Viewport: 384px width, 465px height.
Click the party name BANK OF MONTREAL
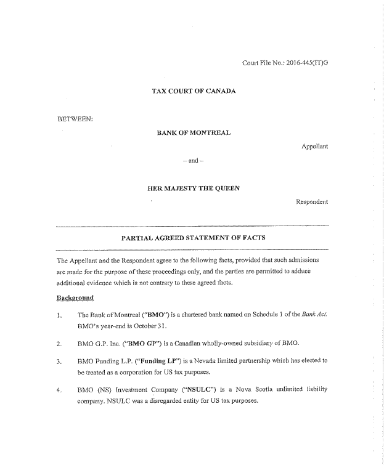pos(193,132)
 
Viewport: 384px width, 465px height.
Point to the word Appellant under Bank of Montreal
pos(314,147)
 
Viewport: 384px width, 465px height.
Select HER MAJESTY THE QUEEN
pos(193,188)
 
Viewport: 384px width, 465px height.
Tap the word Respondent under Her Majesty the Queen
pos(312,201)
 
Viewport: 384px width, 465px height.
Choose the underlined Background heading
pos(75,298)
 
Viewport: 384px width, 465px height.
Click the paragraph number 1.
pos(59,315)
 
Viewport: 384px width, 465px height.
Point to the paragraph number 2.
pos(59,343)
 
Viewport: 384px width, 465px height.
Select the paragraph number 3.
pos(59,362)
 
